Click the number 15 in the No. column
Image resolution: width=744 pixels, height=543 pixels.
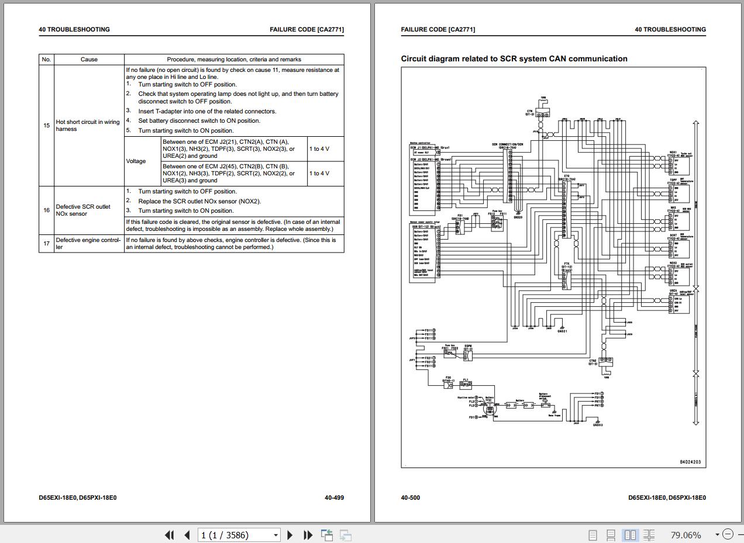coord(46,126)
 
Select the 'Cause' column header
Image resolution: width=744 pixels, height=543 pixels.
coord(89,59)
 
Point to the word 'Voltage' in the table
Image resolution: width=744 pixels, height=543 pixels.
coord(136,161)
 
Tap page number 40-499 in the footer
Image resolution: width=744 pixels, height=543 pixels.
coord(334,498)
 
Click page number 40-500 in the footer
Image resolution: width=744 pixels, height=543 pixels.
coord(410,498)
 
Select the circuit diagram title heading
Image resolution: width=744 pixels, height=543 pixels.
coord(514,58)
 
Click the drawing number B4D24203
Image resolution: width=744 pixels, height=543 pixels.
coord(690,462)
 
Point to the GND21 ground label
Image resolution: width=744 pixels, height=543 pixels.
coord(562,331)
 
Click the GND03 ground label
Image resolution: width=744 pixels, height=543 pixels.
coord(597,425)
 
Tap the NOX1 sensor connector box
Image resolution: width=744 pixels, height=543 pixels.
coord(678,164)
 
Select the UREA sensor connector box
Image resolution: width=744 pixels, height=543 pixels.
coord(678,302)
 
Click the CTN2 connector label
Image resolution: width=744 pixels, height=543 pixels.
coord(593,362)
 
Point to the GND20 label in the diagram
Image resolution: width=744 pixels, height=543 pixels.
coord(518,217)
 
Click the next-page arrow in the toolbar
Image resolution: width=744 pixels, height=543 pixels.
coord(290,535)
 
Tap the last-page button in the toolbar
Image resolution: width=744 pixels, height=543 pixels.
coord(308,535)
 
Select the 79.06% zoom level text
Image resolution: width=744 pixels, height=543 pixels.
coord(686,535)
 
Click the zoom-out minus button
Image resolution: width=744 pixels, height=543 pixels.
coord(728,534)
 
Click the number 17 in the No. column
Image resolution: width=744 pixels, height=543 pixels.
coord(46,243)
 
